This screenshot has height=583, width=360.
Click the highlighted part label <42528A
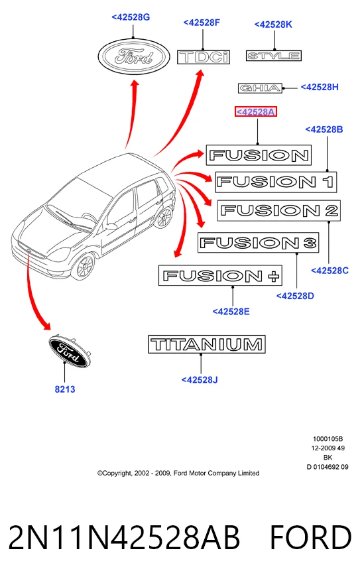(x=256, y=111)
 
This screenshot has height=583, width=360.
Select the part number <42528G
(x=131, y=17)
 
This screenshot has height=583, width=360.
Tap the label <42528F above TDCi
(x=202, y=23)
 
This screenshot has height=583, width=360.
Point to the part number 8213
(x=65, y=389)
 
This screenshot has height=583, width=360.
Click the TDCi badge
(x=204, y=57)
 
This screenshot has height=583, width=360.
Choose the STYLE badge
(x=273, y=56)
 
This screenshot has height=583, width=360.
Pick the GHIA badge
(x=260, y=88)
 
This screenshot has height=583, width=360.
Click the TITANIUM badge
(x=207, y=344)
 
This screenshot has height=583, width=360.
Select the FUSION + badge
(x=220, y=275)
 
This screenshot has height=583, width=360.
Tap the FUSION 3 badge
(x=258, y=243)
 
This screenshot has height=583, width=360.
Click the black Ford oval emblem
(x=70, y=351)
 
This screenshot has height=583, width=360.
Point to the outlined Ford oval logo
(x=134, y=57)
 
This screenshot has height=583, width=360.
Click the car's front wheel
(x=83, y=265)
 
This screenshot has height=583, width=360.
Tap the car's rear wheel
(x=163, y=217)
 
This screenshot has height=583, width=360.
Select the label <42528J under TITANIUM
(x=200, y=379)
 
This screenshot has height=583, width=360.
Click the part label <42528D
(x=295, y=296)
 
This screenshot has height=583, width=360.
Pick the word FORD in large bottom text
(x=310, y=537)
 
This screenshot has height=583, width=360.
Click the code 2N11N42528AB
(x=124, y=537)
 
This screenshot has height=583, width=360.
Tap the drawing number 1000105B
(x=328, y=439)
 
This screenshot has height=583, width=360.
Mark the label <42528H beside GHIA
(x=320, y=87)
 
